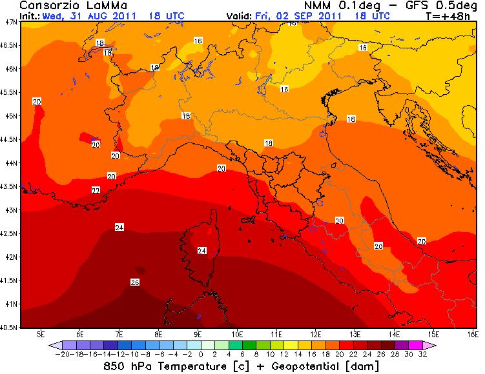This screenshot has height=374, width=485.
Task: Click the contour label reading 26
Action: click(x=135, y=282)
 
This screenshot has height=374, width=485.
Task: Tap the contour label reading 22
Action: click(x=96, y=190)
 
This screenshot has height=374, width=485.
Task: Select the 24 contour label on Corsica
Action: click(x=201, y=250)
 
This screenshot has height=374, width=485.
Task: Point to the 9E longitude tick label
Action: click(x=198, y=334)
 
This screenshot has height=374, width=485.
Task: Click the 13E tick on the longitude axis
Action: click(x=355, y=334)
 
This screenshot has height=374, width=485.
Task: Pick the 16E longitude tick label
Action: click(x=473, y=334)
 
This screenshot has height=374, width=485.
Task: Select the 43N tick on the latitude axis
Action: click(x=10, y=210)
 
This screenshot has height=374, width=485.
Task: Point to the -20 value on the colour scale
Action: click(x=63, y=354)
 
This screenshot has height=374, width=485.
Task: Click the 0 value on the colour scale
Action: click(x=201, y=354)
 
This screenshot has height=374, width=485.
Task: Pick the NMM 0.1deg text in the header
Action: click(x=332, y=5)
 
